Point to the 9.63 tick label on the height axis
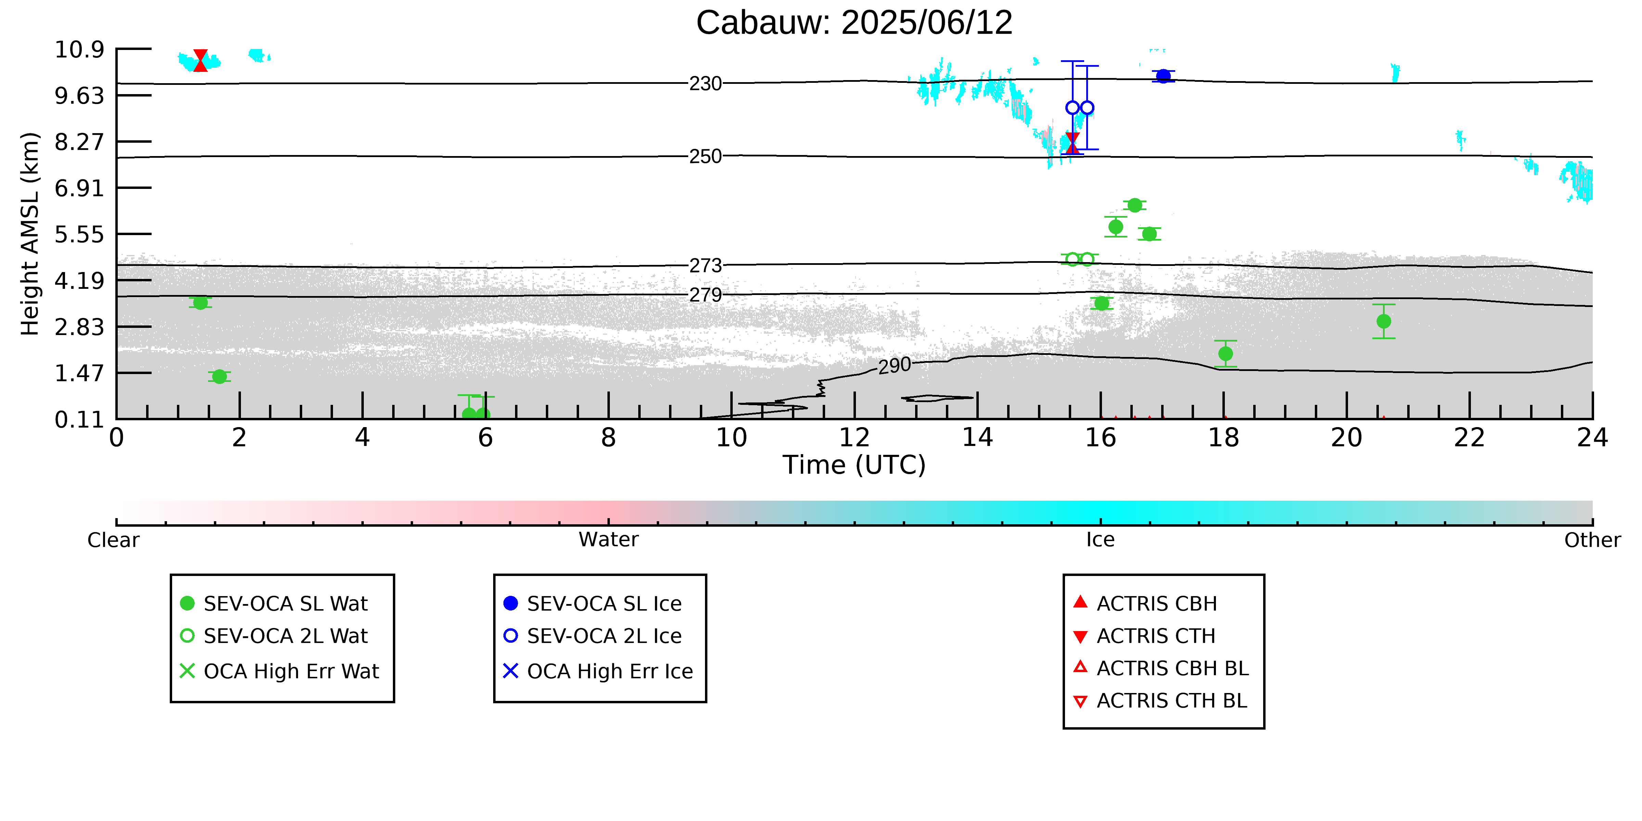(79, 95)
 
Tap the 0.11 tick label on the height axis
(79, 420)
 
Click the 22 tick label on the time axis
(1469, 438)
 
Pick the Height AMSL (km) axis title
(30, 234)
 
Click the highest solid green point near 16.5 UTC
(1134, 205)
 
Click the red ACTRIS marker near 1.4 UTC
(200, 61)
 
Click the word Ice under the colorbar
(1100, 540)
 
